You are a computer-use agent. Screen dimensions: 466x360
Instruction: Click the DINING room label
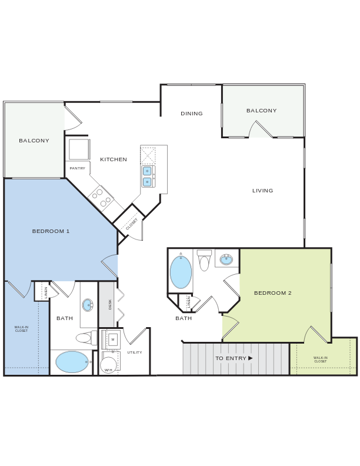point(192,114)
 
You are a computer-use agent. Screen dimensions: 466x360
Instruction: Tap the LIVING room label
point(263,191)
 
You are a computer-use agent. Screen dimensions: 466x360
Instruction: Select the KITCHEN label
point(114,159)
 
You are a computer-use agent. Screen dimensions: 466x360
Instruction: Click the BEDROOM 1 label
point(51,231)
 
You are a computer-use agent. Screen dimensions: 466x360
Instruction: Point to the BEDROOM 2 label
point(273,293)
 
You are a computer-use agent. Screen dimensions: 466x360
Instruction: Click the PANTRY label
point(78,169)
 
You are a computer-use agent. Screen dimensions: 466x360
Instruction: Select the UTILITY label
point(135,352)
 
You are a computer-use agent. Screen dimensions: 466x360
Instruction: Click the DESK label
point(110,304)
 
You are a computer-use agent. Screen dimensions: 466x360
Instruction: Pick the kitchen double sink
point(147,177)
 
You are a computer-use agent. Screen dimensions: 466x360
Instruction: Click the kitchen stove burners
point(102,197)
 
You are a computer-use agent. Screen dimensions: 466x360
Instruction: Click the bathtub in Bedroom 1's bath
point(72,362)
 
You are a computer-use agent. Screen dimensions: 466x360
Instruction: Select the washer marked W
point(112,339)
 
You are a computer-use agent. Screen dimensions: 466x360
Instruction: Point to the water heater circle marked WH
point(109,365)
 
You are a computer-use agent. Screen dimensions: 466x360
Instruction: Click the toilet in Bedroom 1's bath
point(85,338)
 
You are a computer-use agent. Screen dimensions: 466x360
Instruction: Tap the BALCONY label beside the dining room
point(261,111)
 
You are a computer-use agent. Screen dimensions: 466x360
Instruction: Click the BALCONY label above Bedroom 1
point(34,141)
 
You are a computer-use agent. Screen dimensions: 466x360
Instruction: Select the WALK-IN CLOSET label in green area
point(320,360)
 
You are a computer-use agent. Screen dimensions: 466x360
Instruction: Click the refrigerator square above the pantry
point(78,149)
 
